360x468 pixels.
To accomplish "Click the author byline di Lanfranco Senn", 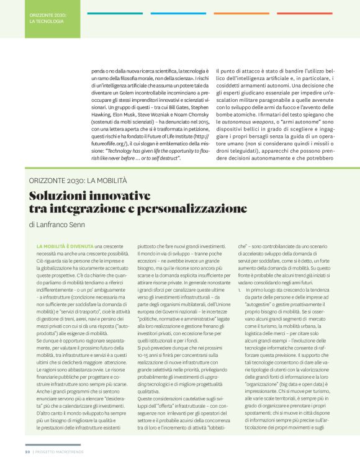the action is pyautogui.click(x=61, y=225).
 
